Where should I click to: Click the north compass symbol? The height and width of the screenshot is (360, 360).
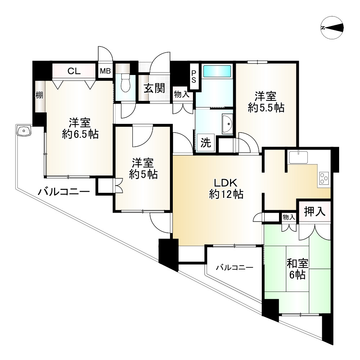click(x=332, y=28)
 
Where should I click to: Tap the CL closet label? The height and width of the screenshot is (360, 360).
click(x=74, y=71)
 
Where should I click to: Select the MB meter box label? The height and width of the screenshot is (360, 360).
click(x=105, y=71)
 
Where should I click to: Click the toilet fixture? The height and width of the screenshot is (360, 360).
click(x=125, y=83)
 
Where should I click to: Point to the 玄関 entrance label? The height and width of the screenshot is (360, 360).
click(x=155, y=88)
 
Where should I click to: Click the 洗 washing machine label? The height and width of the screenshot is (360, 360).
click(x=206, y=143)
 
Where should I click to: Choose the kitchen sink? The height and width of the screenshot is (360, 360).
click(x=297, y=157)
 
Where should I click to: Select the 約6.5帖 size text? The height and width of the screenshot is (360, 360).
click(x=80, y=134)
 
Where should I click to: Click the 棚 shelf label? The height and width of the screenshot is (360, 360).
click(x=39, y=95)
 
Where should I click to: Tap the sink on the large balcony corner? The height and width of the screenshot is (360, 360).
click(x=24, y=131)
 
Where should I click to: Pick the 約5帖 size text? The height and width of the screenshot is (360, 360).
click(x=143, y=174)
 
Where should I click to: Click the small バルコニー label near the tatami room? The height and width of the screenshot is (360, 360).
click(x=234, y=268)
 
